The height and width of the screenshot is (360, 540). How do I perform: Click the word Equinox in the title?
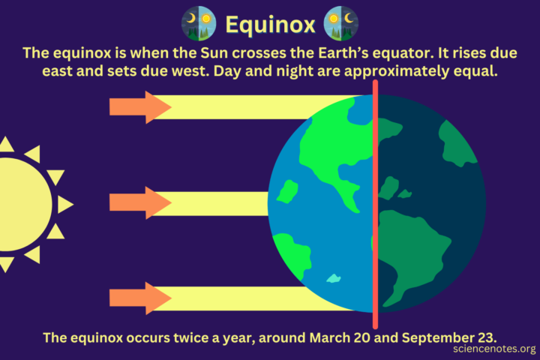coord(270,25)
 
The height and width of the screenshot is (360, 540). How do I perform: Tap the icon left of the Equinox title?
coord(199,24)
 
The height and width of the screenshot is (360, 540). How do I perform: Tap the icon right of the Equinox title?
coord(340,24)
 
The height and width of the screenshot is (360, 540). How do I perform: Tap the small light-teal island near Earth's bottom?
coord(333,279)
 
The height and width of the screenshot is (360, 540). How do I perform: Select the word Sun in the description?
coord(240,54)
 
